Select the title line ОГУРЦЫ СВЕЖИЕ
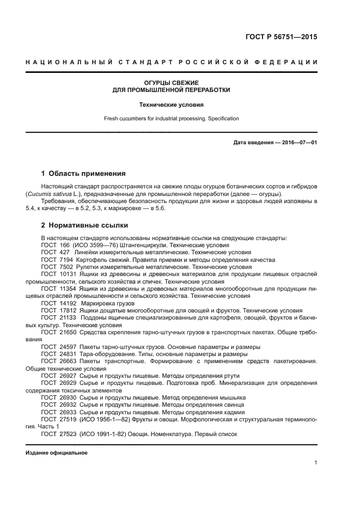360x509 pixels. tap(171, 82)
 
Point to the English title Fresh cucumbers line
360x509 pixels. tap(171, 118)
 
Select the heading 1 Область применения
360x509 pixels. tap(83, 174)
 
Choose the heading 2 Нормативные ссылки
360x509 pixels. tap(84, 225)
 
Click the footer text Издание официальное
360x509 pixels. tap(56, 453)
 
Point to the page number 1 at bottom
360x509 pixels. tap(316, 463)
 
